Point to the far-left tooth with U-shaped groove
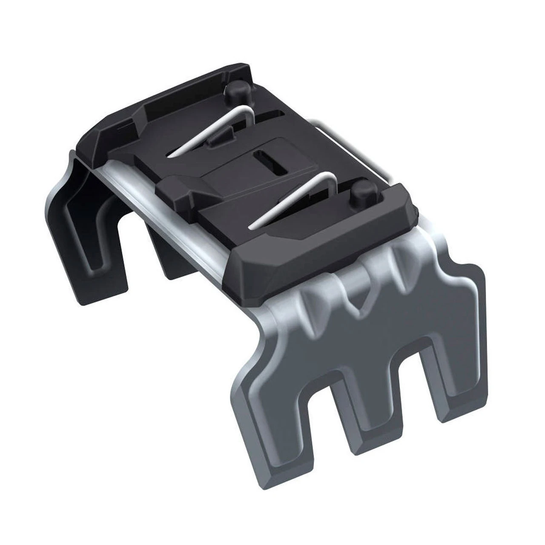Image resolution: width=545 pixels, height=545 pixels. (x=92, y=255)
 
